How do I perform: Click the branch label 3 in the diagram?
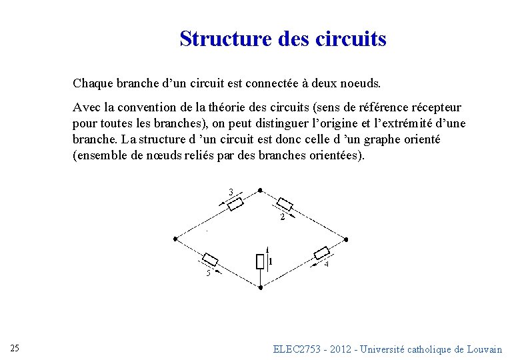tap(231, 193)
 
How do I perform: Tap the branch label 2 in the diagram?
tap(283, 217)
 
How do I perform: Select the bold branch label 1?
tap(270, 261)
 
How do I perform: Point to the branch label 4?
tap(326, 264)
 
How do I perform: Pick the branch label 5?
tap(207, 272)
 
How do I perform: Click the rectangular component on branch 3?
tap(236, 203)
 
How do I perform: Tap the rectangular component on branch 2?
tap(285, 204)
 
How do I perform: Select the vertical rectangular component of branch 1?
tap(260, 261)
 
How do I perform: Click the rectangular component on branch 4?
tap(321, 253)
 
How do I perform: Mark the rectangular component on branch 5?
tap(211, 259)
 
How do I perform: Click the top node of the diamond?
tap(260, 190)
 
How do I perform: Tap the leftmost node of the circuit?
tap(175, 238)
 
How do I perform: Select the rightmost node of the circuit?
tap(346, 238)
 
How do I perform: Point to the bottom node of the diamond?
tap(260, 287)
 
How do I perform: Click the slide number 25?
tap(15, 348)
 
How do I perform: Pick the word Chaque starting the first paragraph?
tap(93, 83)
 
